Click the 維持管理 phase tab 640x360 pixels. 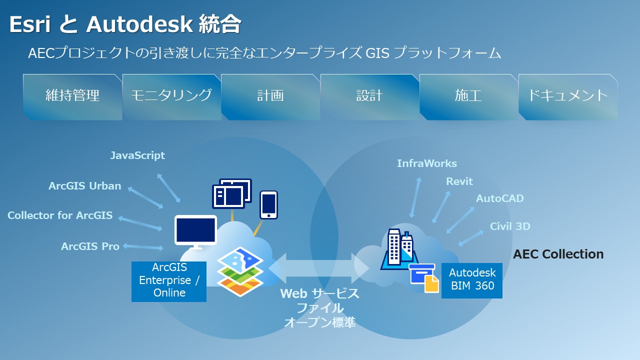point(72,96)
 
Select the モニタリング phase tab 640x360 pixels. point(171,96)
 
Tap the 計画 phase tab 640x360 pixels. point(270,96)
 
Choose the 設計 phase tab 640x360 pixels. point(369,96)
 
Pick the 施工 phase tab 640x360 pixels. point(468,96)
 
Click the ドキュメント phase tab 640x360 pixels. point(567,96)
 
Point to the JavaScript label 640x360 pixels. point(137,155)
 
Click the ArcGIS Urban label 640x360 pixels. point(85,186)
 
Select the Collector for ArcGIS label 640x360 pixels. point(60,215)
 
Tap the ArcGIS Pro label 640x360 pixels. point(90,246)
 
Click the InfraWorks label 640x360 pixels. point(426,163)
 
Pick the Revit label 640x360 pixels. point(459,181)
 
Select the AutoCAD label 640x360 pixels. point(499,198)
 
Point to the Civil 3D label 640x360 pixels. point(509,226)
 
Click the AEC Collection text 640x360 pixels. point(558,254)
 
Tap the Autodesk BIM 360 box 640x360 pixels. point(471,280)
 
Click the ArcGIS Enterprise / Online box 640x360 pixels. point(169,281)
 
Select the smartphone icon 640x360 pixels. point(268,204)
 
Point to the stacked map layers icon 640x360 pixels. point(240,273)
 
